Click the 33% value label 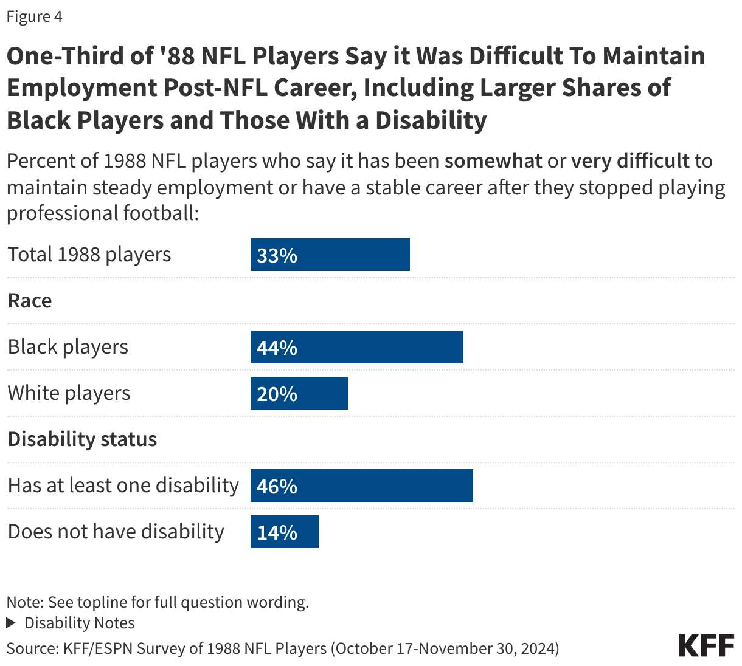pos(277,255)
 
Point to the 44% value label pos(277,348)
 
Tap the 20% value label pos(277,394)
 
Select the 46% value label pos(277,486)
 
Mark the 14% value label pos(277,532)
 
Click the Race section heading pos(30,301)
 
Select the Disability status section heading pos(82,439)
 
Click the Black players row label pos(68,347)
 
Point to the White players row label pos(69,393)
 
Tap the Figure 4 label pos(34,16)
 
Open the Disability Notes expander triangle pos(11,623)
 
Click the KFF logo pos(706,645)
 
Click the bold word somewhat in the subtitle pos(493,161)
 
